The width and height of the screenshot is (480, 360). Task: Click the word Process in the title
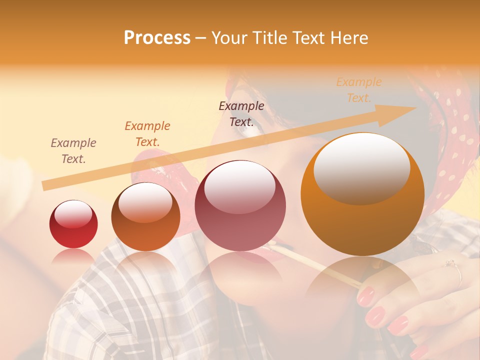click(x=157, y=38)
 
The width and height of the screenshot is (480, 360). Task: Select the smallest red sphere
click(x=73, y=224)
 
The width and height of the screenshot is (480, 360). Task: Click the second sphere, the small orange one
click(x=145, y=216)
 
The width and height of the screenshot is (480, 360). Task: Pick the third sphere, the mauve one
click(x=240, y=205)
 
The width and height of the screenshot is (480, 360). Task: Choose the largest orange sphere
click(x=362, y=194)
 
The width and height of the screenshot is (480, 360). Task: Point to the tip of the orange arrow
click(x=416, y=107)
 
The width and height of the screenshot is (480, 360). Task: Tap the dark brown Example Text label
click(x=241, y=113)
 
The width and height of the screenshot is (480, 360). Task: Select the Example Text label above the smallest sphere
click(x=73, y=151)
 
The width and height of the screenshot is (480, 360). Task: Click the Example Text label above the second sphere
click(x=147, y=133)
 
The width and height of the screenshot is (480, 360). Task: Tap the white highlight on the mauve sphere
click(x=240, y=186)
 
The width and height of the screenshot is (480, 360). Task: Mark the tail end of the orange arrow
click(x=43, y=186)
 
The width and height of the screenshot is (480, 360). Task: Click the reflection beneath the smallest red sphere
click(x=73, y=256)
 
